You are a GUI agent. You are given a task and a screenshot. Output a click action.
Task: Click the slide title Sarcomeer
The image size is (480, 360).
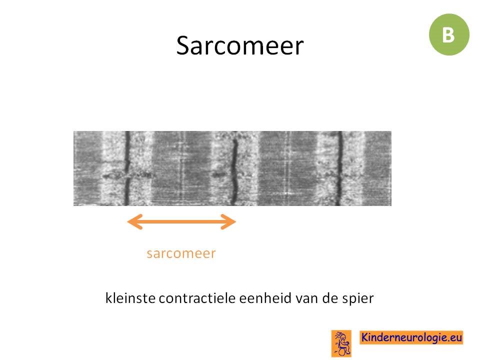[239, 45]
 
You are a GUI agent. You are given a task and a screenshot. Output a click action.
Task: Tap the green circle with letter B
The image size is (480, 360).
[449, 34]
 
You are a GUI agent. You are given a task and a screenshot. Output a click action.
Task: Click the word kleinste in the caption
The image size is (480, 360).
[130, 298]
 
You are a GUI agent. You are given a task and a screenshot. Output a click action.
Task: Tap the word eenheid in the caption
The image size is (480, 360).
[265, 298]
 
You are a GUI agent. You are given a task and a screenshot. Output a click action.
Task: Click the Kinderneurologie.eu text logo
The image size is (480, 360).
[411, 337]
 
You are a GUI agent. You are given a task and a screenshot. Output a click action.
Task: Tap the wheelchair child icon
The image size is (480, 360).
[341, 344]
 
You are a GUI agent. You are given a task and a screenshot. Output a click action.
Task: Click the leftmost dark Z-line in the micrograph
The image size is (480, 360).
[127, 168]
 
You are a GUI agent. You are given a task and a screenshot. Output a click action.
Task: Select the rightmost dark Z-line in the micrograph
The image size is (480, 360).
[339, 168]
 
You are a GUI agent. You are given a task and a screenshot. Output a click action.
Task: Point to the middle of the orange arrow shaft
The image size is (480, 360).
[181, 221]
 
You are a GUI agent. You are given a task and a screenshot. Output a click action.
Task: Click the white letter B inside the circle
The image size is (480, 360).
[448, 35]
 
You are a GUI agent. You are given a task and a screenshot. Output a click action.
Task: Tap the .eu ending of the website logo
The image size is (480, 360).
[454, 338]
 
